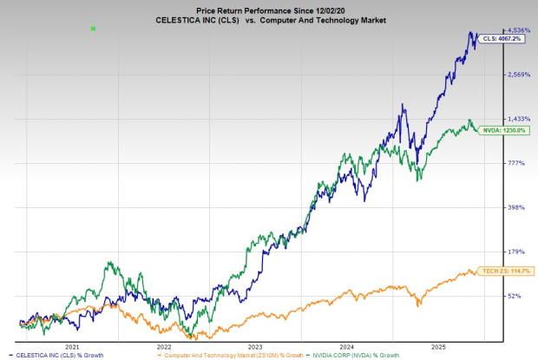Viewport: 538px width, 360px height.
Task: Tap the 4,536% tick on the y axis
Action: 518,30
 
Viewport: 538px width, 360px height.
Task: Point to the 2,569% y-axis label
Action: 518,75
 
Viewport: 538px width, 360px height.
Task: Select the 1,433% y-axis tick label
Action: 518,118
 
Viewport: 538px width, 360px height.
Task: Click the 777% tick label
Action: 516,163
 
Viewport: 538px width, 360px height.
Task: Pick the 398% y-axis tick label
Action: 516,207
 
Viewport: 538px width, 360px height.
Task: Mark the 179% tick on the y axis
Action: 516,252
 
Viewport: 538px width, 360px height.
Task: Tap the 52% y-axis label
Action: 515,296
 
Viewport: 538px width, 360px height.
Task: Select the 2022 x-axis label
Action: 163,345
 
